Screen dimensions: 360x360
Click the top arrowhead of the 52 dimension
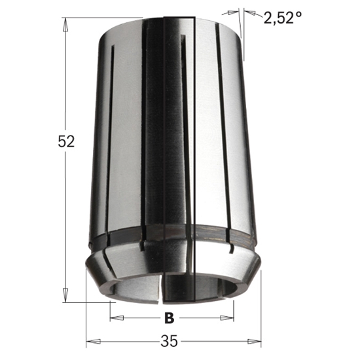(65, 22)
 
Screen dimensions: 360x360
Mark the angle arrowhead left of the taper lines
(233, 11)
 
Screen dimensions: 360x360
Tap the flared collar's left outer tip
(87, 262)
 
